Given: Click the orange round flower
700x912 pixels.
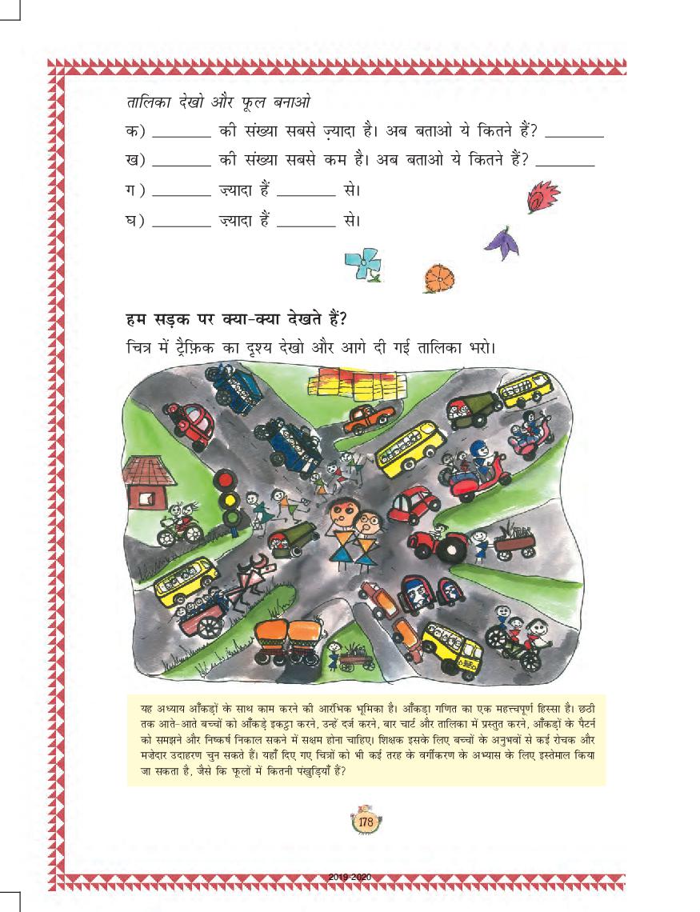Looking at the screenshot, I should (x=436, y=278).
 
